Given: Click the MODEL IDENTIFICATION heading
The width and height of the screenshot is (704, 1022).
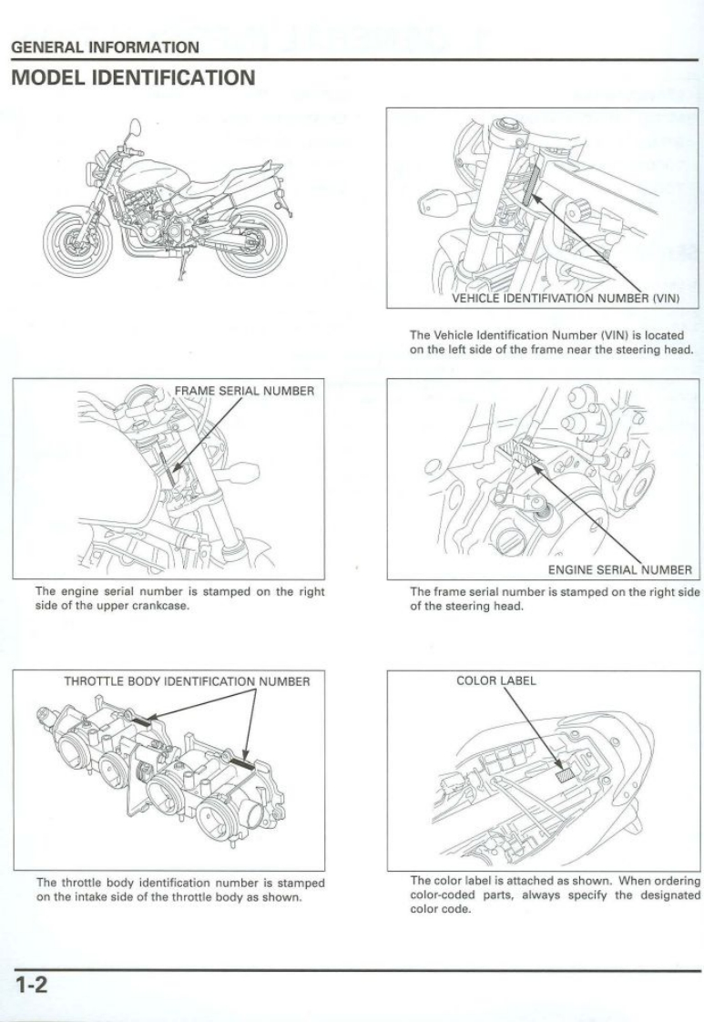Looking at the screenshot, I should coord(133,77).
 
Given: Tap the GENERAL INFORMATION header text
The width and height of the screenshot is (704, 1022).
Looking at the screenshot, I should coord(105,46).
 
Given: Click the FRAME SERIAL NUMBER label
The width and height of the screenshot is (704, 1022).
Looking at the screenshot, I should coord(244,392).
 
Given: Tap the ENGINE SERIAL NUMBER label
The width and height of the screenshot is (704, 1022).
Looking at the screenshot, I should coord(619,570).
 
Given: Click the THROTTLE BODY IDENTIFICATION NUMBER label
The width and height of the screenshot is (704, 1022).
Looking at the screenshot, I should coord(187,680).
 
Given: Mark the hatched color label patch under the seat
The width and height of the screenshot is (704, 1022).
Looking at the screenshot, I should coord(566,775).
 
